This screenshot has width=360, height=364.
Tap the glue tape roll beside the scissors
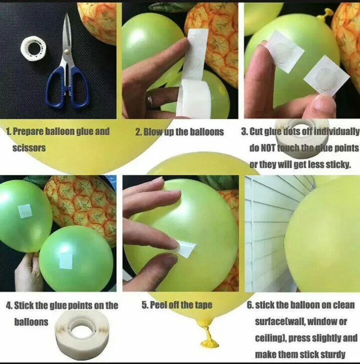34,49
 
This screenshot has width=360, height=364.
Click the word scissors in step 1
29,148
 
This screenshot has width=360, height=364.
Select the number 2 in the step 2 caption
138,132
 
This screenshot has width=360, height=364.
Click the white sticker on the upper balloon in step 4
25,211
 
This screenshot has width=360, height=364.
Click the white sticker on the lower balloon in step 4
66,259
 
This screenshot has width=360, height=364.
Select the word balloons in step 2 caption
205,132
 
